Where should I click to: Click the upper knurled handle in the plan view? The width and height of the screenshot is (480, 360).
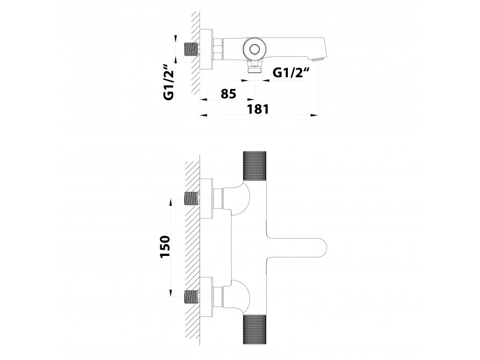point(255,165)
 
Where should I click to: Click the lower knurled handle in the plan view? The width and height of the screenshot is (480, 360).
point(255,330)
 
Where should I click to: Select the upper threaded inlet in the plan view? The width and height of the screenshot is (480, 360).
point(192,199)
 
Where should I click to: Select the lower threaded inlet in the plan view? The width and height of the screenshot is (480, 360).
point(192,296)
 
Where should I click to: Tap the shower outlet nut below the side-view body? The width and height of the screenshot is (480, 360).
point(255,67)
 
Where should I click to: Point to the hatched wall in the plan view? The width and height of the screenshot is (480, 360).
point(193,248)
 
